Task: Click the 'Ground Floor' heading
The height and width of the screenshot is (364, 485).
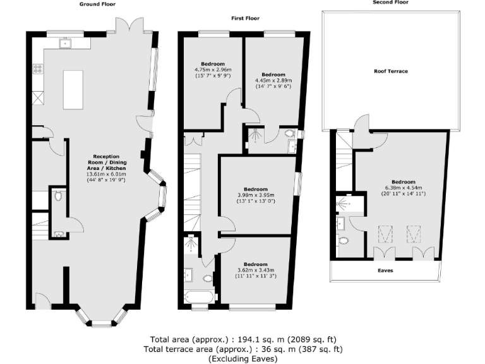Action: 96,4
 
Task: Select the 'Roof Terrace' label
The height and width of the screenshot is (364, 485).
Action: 390,71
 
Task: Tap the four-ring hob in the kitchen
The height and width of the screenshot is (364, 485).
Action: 38,68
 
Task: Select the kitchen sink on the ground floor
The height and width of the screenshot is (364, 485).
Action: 64,43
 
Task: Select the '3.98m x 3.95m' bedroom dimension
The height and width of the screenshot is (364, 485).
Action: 256,195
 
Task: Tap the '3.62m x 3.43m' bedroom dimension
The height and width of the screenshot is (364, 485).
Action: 256,270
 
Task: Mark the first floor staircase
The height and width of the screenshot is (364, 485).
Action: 192,183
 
